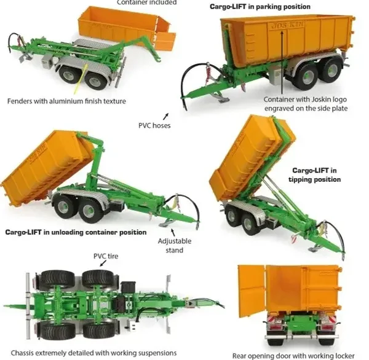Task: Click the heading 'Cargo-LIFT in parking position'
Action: click(260, 7)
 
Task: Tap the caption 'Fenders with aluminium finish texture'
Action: click(66, 101)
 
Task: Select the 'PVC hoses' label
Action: click(154, 125)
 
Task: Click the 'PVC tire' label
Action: click(106, 256)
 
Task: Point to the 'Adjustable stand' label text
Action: click(175, 246)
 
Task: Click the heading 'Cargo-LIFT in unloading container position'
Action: click(76, 232)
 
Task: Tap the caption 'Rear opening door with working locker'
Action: click(293, 356)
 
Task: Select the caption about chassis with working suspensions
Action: click(93, 353)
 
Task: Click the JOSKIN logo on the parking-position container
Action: click(288, 25)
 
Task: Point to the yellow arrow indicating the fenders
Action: click(81, 78)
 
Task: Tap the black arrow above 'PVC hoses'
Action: click(166, 116)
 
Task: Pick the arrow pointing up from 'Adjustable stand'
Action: click(173, 232)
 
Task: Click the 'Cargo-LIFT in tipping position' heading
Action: click(315, 174)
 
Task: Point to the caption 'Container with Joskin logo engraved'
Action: click(306, 104)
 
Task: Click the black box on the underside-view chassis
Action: click(129, 289)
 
